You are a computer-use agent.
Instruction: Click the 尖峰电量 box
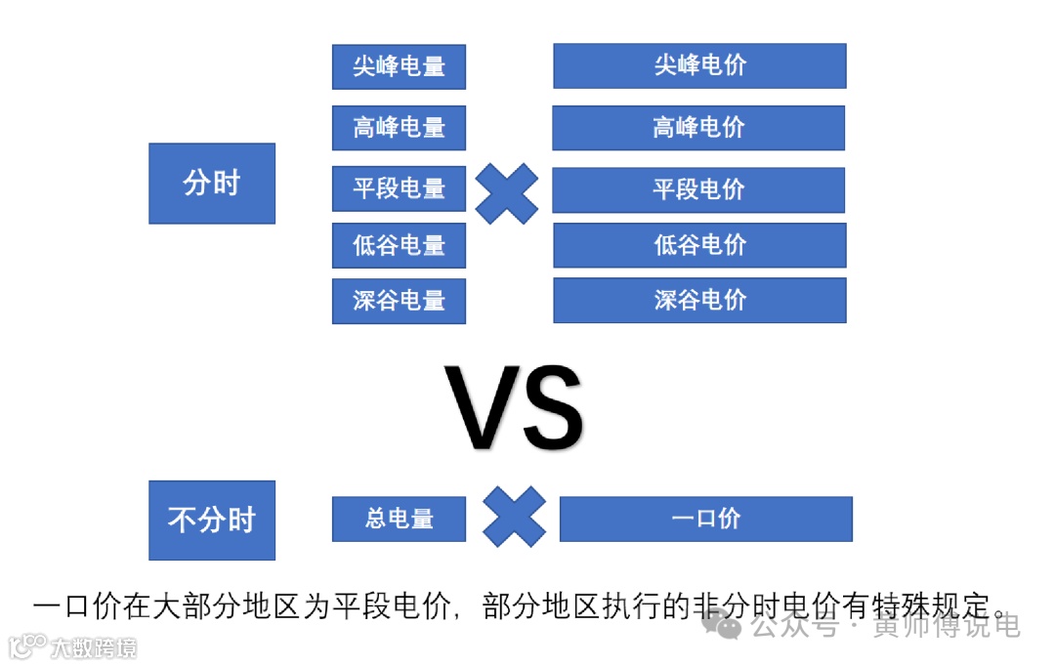[x=399, y=66]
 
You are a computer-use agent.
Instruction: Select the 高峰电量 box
[x=399, y=128]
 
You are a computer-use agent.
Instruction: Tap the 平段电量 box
[x=399, y=188]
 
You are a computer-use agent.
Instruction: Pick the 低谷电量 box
[x=399, y=245]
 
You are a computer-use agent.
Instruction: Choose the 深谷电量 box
[x=399, y=301]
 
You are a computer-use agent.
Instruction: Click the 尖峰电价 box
[x=699, y=66]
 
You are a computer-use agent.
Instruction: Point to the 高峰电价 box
[x=698, y=128]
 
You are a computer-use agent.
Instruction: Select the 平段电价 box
[x=698, y=189]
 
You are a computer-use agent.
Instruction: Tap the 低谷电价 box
[x=699, y=245]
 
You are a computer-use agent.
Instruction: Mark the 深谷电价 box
[x=699, y=300]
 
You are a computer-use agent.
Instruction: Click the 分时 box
[x=212, y=184]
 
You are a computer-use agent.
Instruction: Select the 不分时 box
[x=212, y=520]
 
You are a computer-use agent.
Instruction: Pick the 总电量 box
[x=399, y=519]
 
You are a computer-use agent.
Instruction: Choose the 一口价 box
[x=705, y=519]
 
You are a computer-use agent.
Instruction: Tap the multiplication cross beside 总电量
[x=514, y=517]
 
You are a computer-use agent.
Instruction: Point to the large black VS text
[x=514, y=408]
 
